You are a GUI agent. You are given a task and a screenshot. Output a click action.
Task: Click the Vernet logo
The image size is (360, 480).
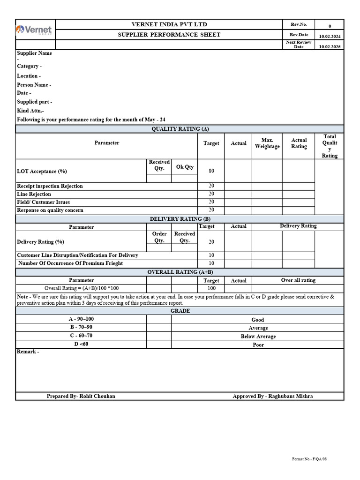coord(35,30)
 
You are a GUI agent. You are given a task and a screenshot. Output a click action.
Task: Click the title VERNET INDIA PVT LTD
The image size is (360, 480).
coord(169,24)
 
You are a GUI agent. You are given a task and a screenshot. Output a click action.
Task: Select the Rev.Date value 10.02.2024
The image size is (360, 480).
coord(330,37)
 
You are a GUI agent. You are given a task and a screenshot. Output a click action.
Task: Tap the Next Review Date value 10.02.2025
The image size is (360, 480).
coord(330,47)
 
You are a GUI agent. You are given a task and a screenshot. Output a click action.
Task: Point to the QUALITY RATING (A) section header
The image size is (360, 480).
coord(180,129)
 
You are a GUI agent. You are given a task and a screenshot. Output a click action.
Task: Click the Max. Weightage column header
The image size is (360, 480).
coord(267,143)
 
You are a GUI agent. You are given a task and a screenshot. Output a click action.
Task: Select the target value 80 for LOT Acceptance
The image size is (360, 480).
coord(211,171)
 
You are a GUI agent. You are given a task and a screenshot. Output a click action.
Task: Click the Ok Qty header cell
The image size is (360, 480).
coord(185,167)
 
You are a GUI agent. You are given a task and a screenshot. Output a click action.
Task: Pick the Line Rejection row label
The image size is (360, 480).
coord(34,194)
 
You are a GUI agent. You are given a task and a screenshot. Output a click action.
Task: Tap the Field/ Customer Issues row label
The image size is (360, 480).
coord(44,202)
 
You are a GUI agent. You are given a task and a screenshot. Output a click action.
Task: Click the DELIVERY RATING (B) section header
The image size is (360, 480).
coord(180,219)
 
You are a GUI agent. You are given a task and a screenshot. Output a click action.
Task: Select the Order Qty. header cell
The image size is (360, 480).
coord(159,237)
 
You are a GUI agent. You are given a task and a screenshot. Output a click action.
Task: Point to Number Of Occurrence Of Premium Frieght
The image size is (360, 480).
coord(70,263)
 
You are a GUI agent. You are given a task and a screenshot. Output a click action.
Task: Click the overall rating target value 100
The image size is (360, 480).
coord(211,288)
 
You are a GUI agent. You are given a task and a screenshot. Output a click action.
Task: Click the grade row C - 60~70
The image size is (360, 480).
coord(81,336)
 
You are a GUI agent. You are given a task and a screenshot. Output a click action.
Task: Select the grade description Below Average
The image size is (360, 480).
coord(258,337)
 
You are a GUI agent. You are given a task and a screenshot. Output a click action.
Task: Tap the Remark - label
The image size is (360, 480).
coord(28,352)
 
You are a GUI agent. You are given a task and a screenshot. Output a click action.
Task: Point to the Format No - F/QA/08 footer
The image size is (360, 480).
coord(309,459)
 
